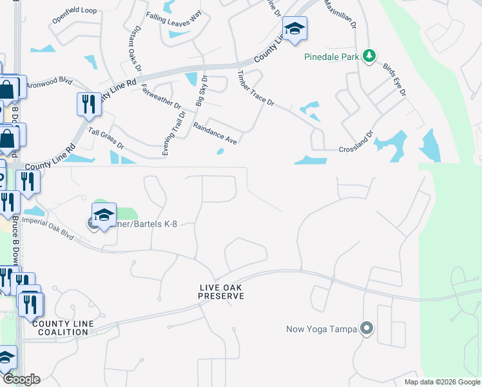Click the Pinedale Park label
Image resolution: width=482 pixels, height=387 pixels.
pyautogui.click(x=331, y=57)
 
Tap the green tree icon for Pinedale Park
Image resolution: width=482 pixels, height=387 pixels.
pyautogui.click(x=369, y=57)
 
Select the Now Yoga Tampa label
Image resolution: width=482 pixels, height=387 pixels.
pyautogui.click(x=322, y=330)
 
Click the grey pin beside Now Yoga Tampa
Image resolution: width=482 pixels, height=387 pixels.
pyautogui.click(x=367, y=329)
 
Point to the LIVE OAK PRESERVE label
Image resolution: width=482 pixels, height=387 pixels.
pyautogui.click(x=221, y=292)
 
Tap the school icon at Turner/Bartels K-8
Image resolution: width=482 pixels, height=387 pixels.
pyautogui.click(x=104, y=215)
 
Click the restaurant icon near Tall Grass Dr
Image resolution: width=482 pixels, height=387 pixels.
pyautogui.click(x=88, y=104)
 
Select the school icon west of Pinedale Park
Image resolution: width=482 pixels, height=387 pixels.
pyautogui.click(x=294, y=29)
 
